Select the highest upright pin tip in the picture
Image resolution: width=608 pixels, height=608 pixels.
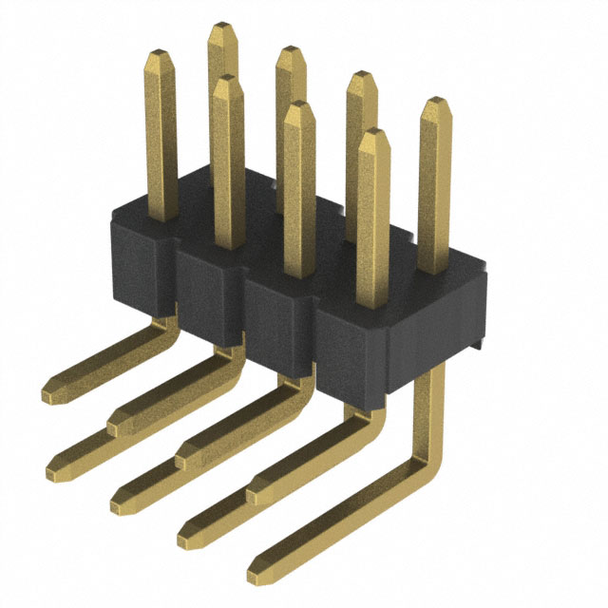point(222,28)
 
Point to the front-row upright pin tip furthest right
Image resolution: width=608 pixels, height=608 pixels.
point(374,133)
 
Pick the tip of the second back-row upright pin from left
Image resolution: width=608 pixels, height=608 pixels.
point(291,51)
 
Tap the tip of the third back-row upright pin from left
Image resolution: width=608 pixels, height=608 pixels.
point(361,75)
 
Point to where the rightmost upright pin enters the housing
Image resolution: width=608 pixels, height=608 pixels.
point(435,269)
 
